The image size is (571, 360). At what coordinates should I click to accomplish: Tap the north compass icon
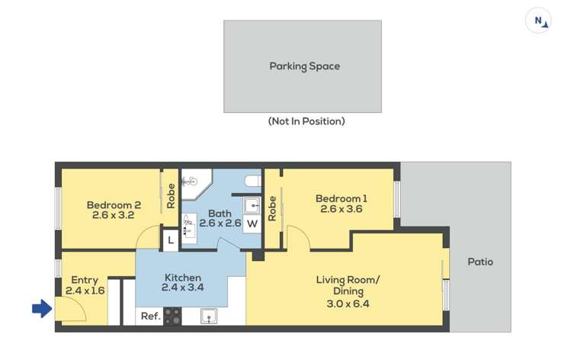[538, 21]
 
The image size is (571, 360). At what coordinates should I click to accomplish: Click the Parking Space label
[304, 66]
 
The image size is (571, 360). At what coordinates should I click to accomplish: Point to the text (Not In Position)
[306, 121]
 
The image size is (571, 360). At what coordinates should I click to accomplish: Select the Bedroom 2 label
[114, 204]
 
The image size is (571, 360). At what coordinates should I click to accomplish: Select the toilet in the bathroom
[253, 182]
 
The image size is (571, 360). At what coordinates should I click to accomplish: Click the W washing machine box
[252, 223]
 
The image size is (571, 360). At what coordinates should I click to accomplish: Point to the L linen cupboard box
[171, 240]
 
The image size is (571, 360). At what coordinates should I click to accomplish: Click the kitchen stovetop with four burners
[172, 316]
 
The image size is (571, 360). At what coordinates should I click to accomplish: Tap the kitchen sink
[207, 316]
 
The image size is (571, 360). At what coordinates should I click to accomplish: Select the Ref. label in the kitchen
[149, 317]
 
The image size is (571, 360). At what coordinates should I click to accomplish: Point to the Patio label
[480, 262]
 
